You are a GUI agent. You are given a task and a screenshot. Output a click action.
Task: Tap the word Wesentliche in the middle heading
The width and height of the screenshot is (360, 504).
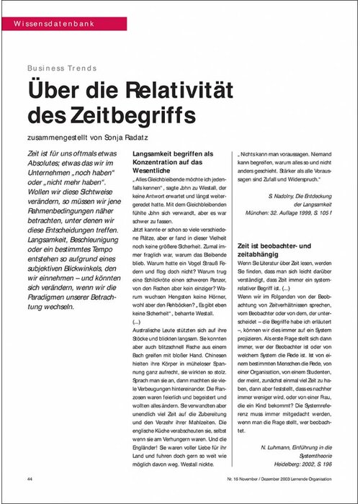click(x=156, y=173)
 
